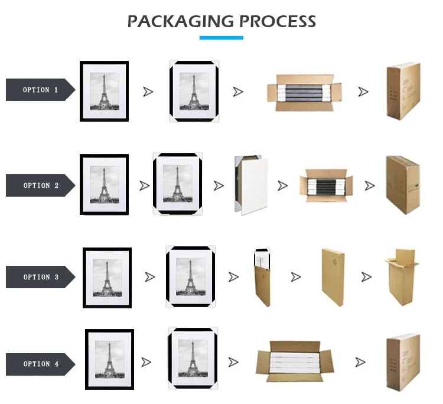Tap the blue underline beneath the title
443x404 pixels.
221,38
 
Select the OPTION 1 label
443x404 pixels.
40,90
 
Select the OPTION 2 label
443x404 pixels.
41,185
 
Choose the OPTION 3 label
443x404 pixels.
41,277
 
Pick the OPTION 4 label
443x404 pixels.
41,364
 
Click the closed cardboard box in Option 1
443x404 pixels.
403,91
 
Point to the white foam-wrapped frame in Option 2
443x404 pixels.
252,183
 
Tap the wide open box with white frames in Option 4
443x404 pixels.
295,362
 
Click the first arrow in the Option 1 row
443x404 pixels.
148,92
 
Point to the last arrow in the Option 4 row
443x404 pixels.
361,362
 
